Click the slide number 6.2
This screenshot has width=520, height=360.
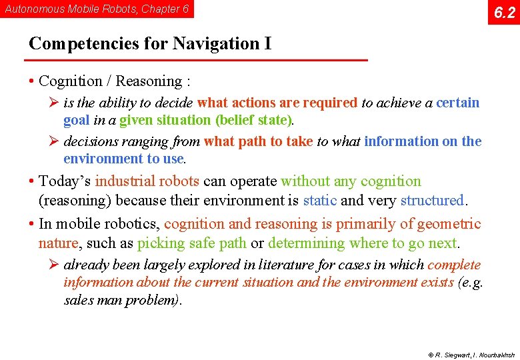click(x=504, y=12)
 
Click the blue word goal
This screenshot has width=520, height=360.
click(x=77, y=121)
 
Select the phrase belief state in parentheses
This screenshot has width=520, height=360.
click(x=254, y=121)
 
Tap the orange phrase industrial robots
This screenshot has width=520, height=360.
click(x=147, y=181)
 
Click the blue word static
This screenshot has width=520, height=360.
click(x=319, y=200)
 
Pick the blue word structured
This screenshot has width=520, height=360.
click(x=431, y=200)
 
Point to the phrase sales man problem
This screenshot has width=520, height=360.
click(x=120, y=300)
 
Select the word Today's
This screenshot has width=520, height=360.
click(x=65, y=181)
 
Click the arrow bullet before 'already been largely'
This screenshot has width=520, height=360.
click(x=55, y=265)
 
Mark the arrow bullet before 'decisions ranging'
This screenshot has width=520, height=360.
click(x=55, y=141)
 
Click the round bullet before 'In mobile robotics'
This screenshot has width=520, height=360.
click(x=32, y=224)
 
